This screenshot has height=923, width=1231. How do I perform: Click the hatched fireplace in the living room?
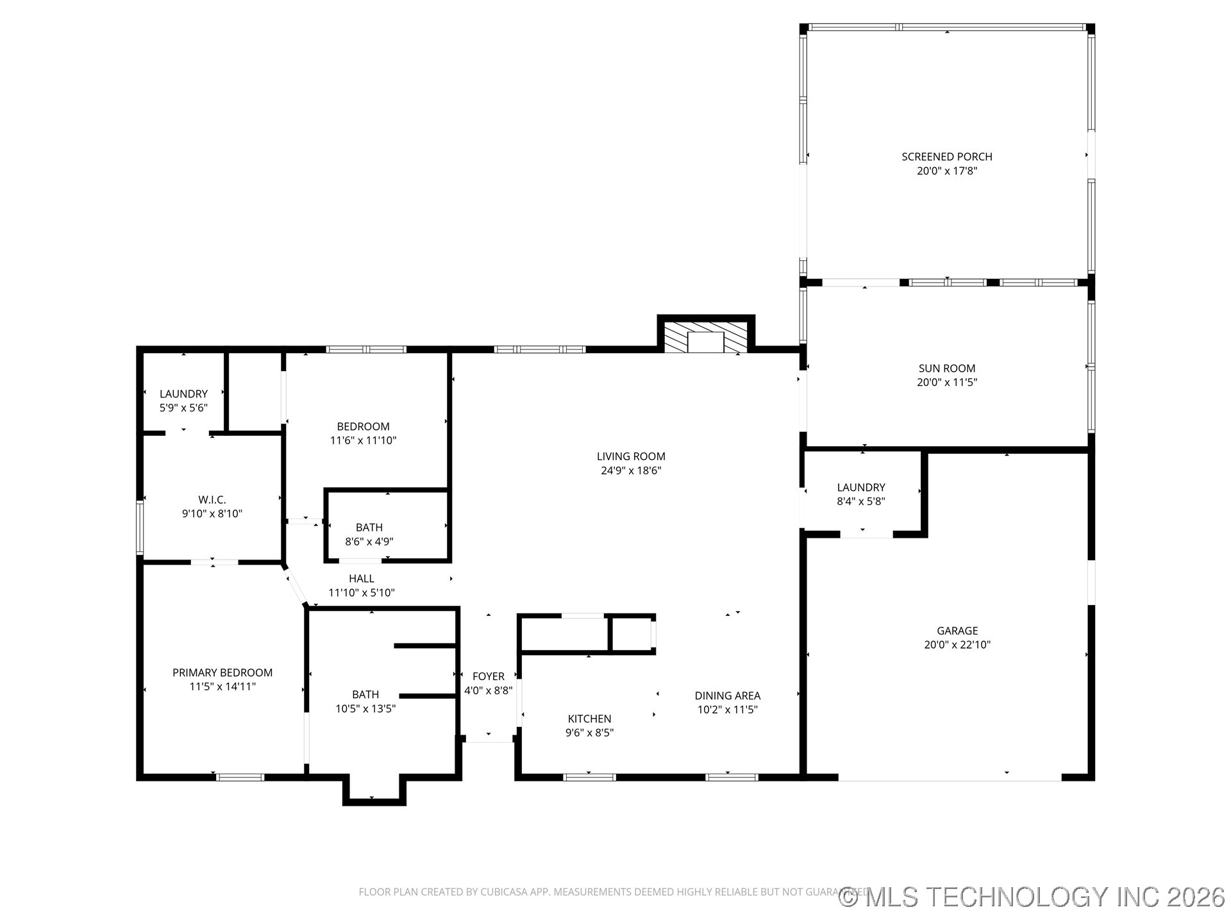pos(705,338)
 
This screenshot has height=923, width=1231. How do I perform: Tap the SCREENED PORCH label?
pos(946,156)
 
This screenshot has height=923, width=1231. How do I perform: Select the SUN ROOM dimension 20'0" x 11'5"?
pos(946,383)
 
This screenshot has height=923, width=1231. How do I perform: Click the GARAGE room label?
pos(957,631)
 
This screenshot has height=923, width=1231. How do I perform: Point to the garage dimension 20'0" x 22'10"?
pos(957,645)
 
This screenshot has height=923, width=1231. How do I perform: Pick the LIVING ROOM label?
pos(631,456)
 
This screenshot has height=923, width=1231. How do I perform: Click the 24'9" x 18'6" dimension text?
pos(631,470)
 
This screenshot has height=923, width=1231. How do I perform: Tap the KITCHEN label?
pos(589,719)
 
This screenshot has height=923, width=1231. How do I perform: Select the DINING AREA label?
pos(727,695)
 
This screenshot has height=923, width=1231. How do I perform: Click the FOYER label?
pos(488,676)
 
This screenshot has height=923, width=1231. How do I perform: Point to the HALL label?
pos(361,579)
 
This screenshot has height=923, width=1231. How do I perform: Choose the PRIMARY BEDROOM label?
pos(222,672)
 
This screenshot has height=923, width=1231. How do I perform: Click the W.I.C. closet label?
pos(212,499)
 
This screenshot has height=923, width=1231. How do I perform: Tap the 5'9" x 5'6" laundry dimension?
pos(183,408)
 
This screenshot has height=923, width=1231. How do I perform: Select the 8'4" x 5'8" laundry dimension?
pos(860,501)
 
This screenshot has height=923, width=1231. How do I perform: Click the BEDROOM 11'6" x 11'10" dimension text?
pos(363,440)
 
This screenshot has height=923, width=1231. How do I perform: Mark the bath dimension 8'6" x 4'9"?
pos(369,542)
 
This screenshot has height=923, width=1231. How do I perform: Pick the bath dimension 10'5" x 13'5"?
pos(365,709)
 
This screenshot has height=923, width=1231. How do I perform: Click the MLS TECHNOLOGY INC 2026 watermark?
pos(1032,897)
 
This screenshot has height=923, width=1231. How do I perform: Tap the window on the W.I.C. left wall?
pos(139,528)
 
